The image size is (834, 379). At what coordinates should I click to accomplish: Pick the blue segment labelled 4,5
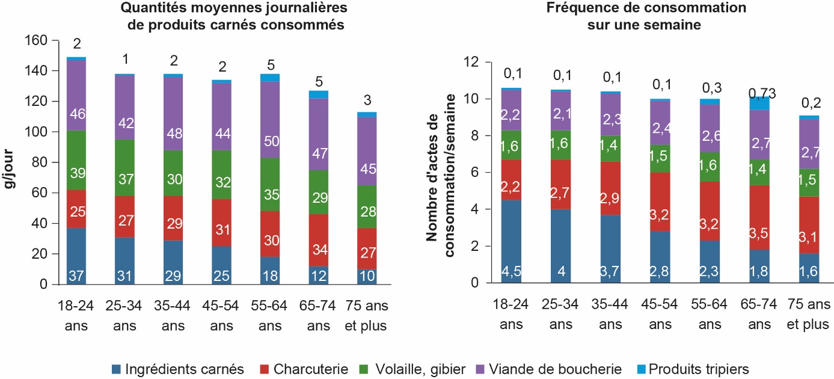click(511, 241)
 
